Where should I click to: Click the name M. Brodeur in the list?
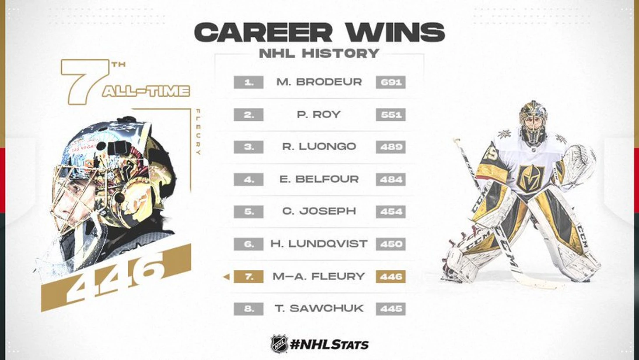point(319,82)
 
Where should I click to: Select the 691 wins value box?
point(390,82)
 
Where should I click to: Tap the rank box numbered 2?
point(249,115)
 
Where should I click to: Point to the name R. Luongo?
point(319,147)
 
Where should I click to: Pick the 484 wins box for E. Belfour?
point(390,180)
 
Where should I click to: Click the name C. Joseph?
point(319,212)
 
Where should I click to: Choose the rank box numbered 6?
point(249,244)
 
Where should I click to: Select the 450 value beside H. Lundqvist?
point(390,244)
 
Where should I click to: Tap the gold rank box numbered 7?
point(249,277)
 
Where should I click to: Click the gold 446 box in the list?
point(390,277)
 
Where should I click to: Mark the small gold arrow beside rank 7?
point(227,277)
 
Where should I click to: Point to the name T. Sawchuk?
point(319,309)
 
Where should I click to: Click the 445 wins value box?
point(390,309)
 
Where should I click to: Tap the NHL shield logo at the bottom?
point(279,344)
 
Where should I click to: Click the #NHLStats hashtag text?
point(329,345)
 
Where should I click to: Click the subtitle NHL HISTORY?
point(319,53)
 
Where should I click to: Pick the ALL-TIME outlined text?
point(146,92)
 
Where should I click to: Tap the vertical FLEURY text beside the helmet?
point(199,132)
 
